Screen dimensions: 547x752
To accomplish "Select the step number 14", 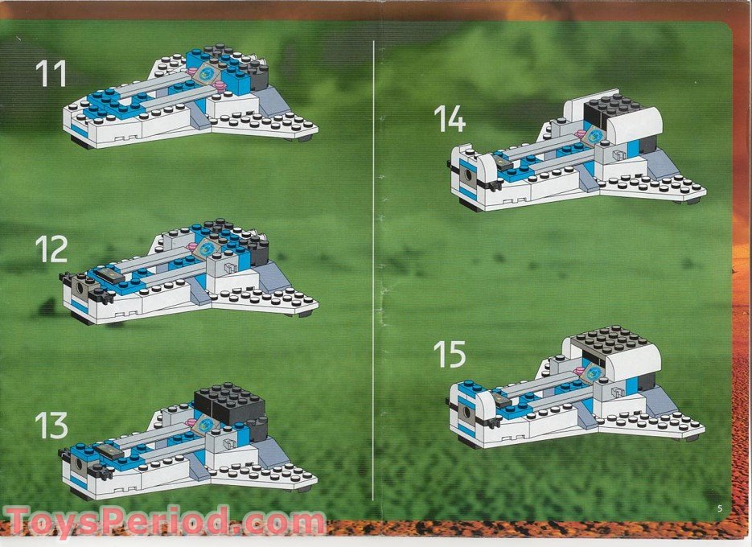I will (450, 119).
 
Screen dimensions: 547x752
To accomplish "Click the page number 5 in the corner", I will (719, 507).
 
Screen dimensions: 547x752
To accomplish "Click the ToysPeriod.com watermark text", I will (165, 521).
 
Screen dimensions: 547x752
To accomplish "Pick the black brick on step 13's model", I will (229, 401).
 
